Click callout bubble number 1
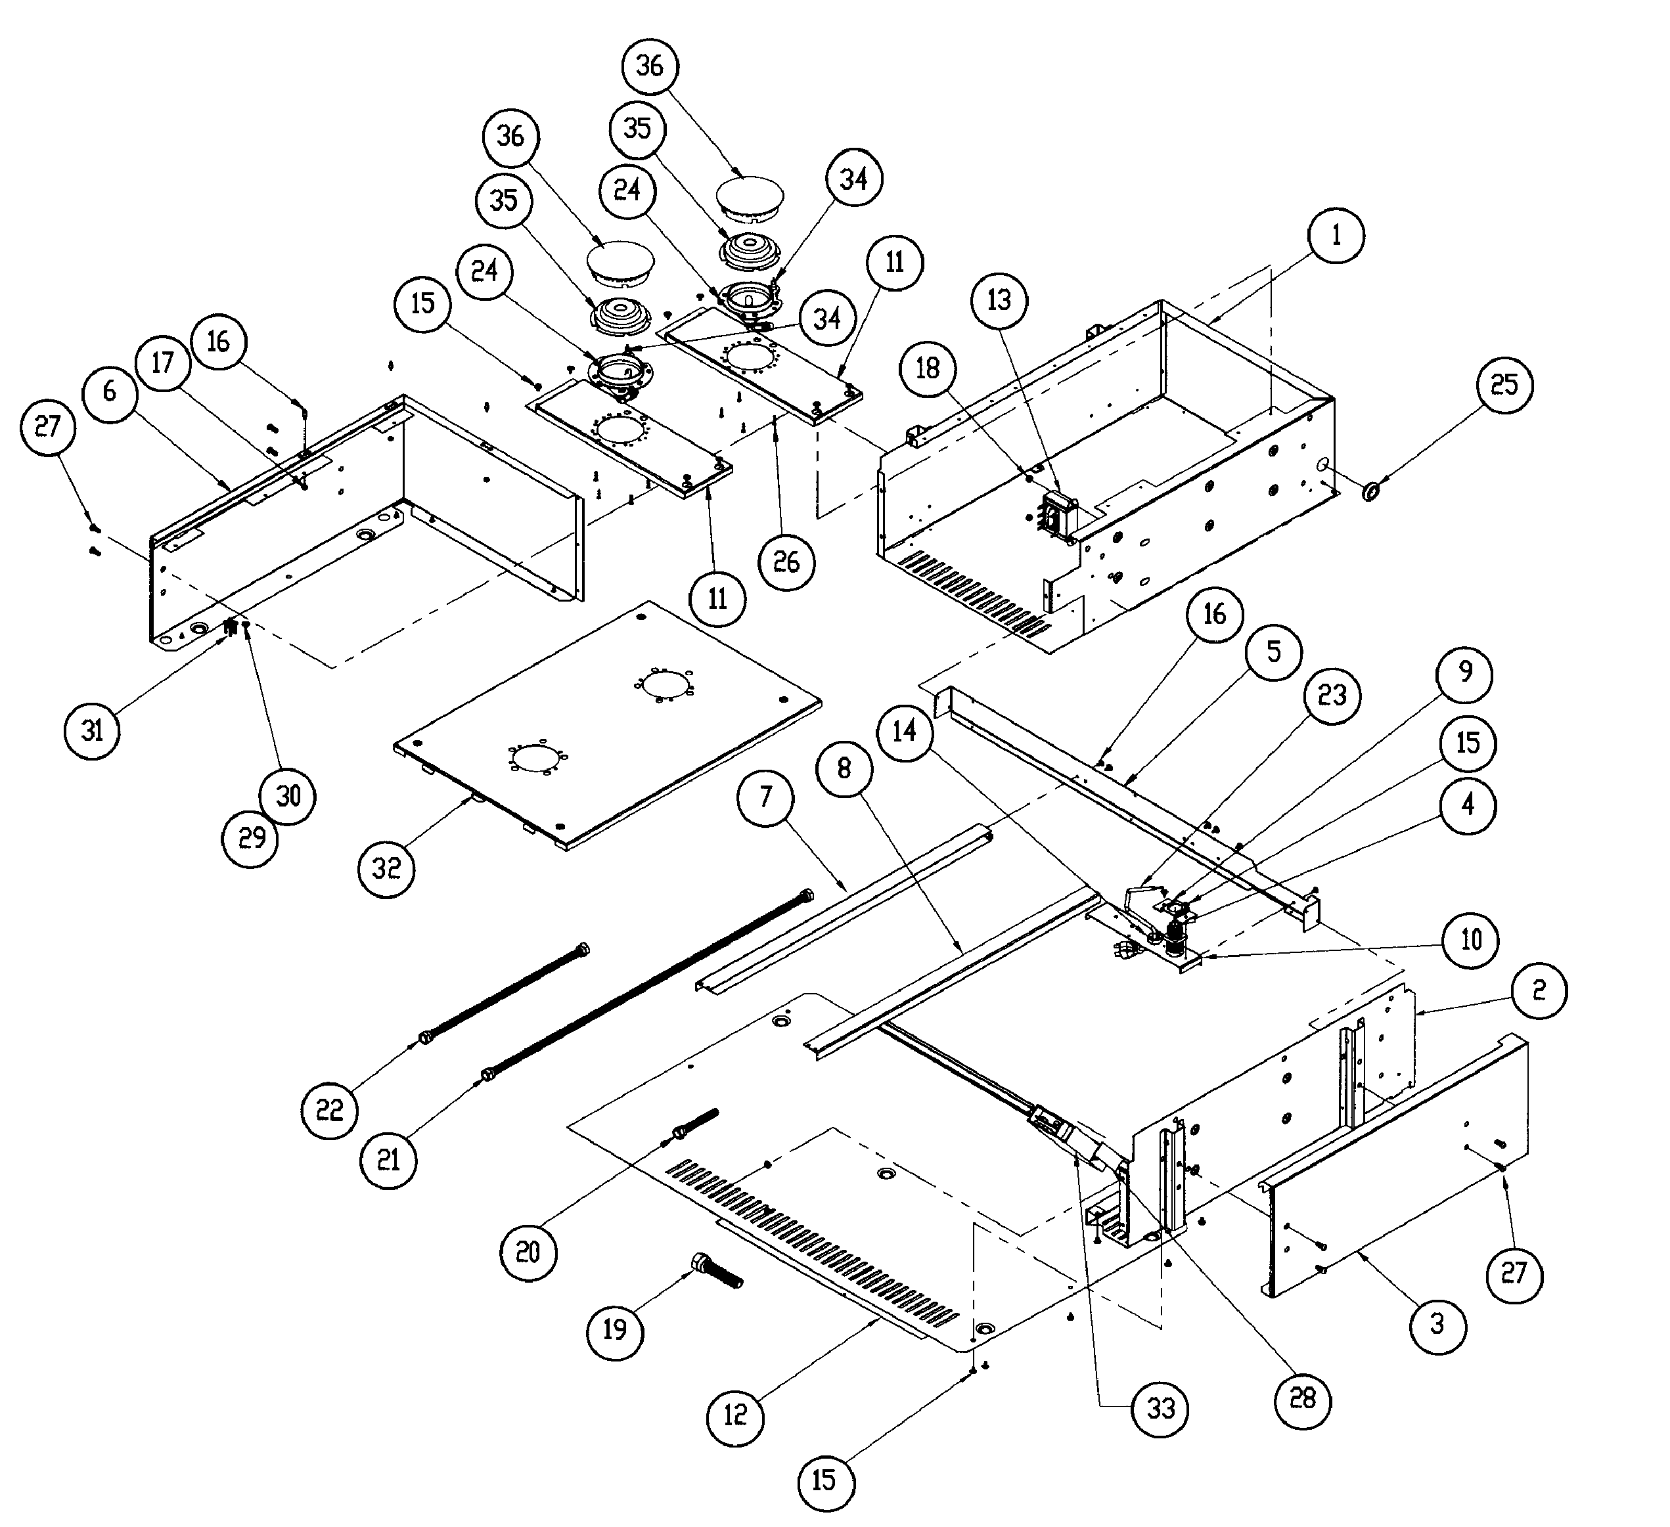(1336, 235)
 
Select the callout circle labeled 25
(1504, 384)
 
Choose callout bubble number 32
(386, 869)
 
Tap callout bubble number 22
(330, 1110)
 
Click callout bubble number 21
(388, 1160)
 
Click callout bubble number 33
(1161, 1409)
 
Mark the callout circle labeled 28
(1303, 1399)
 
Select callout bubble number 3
(1437, 1324)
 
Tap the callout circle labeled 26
(787, 562)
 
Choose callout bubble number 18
(928, 368)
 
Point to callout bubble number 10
(1471, 940)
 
